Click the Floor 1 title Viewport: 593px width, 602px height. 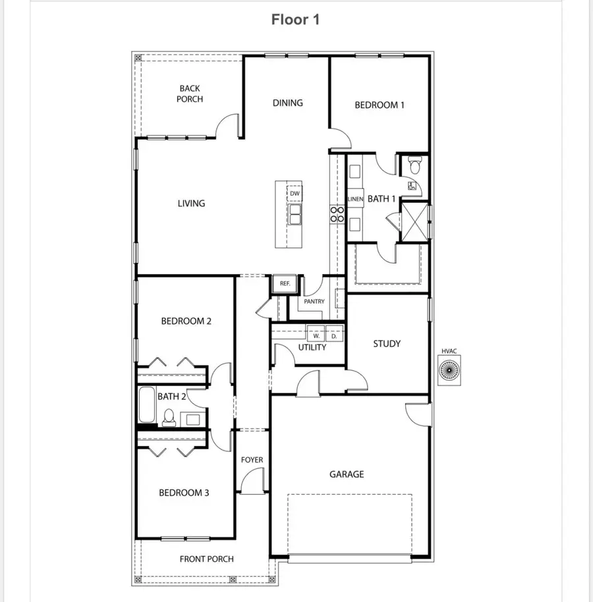click(296, 20)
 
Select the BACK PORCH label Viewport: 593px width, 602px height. click(190, 94)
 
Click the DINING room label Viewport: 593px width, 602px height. click(288, 103)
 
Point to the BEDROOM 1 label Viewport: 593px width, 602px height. click(380, 105)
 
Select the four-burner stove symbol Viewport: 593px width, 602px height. click(337, 213)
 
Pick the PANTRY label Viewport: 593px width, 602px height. click(314, 302)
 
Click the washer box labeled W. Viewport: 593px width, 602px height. click(316, 335)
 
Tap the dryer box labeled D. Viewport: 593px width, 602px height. click(334, 335)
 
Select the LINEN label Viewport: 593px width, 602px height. click(356, 199)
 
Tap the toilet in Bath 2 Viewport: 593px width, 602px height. click(169, 417)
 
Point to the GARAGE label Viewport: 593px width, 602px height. click(347, 474)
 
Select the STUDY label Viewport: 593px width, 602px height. click(387, 344)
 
